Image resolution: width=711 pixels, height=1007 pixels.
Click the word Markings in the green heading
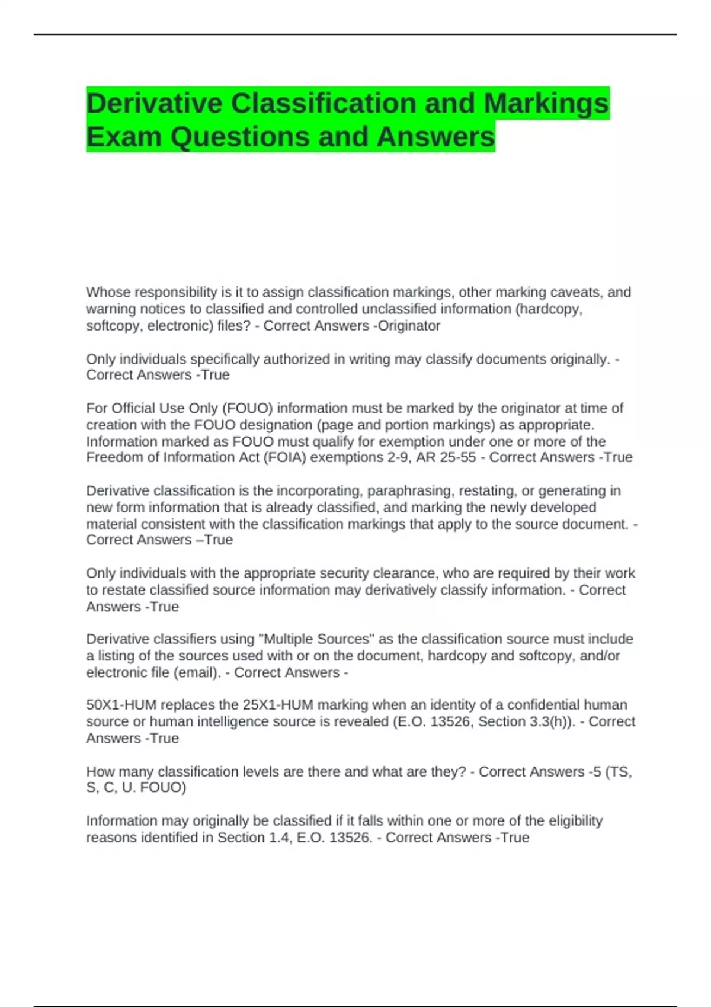coord(546,104)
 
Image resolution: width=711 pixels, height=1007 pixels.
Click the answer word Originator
coord(409,326)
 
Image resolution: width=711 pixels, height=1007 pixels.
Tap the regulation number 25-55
coord(458,457)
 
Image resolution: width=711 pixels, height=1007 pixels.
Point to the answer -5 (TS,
coord(610,772)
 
